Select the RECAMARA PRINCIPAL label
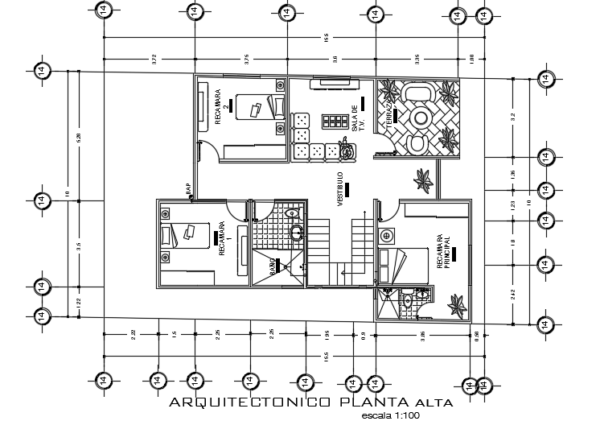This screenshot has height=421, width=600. (x=443, y=252)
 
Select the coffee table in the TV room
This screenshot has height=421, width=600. (x=331, y=121)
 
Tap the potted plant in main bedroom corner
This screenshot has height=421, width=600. (x=457, y=304)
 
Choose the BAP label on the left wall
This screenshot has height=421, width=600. (x=189, y=189)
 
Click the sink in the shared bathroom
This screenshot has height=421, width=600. (x=296, y=233)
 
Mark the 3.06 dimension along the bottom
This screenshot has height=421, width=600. (x=420, y=334)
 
